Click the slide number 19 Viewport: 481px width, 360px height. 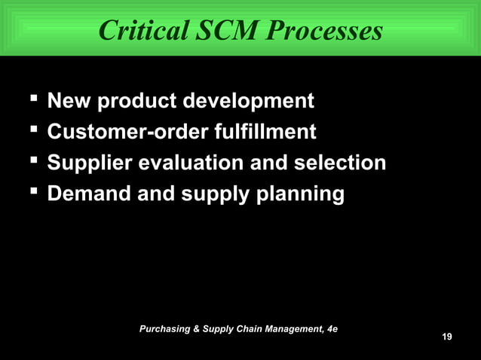(447, 336)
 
